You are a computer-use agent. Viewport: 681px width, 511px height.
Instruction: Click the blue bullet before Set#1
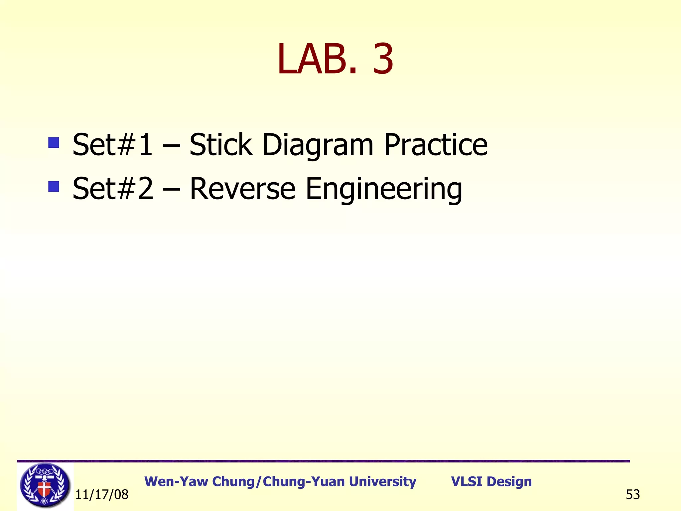pyautogui.click(x=54, y=143)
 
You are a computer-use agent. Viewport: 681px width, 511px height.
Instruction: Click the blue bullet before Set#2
pyautogui.click(x=54, y=186)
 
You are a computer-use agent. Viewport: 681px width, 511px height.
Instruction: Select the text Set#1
pyautogui.click(x=112, y=145)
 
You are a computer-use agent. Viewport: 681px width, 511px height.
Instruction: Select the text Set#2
pyautogui.click(x=113, y=189)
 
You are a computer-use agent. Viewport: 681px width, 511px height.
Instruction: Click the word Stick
pyautogui.click(x=220, y=145)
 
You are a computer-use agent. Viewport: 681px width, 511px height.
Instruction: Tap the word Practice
pyautogui.click(x=436, y=145)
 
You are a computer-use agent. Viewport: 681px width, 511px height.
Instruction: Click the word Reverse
pyautogui.click(x=242, y=189)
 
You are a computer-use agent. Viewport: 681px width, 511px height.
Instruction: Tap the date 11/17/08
pyautogui.click(x=102, y=495)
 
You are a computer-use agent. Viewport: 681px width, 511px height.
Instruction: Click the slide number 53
pyautogui.click(x=633, y=495)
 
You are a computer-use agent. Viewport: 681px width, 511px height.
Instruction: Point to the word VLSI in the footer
pyautogui.click(x=466, y=482)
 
